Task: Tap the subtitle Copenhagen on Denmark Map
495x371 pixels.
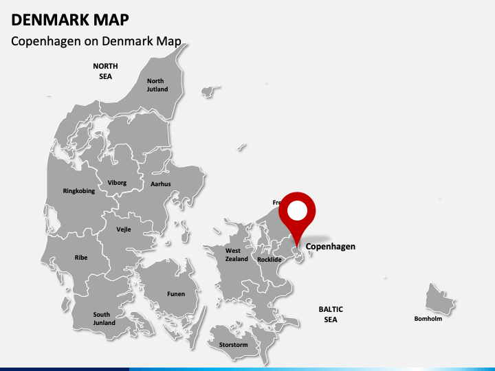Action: pyautogui.click(x=96, y=41)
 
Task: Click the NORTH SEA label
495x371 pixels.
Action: pyautogui.click(x=105, y=71)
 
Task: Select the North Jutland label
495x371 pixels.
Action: pyautogui.click(x=157, y=85)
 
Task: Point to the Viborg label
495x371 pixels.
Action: pyautogui.click(x=118, y=183)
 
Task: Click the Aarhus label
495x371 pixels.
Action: pyautogui.click(x=161, y=184)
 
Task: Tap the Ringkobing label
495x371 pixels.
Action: pyautogui.click(x=79, y=191)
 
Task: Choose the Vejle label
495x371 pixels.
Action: pyautogui.click(x=124, y=229)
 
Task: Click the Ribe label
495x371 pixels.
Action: pyautogui.click(x=81, y=258)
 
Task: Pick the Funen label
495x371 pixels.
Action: pyautogui.click(x=176, y=294)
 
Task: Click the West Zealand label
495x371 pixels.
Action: pyautogui.click(x=236, y=255)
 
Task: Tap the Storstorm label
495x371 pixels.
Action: pyautogui.click(x=233, y=344)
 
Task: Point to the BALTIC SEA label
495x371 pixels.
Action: pyautogui.click(x=331, y=314)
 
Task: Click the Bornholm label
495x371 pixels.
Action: pyautogui.click(x=428, y=319)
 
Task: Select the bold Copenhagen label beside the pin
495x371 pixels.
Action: pyautogui.click(x=330, y=246)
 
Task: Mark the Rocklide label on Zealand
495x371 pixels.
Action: pyautogui.click(x=269, y=260)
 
